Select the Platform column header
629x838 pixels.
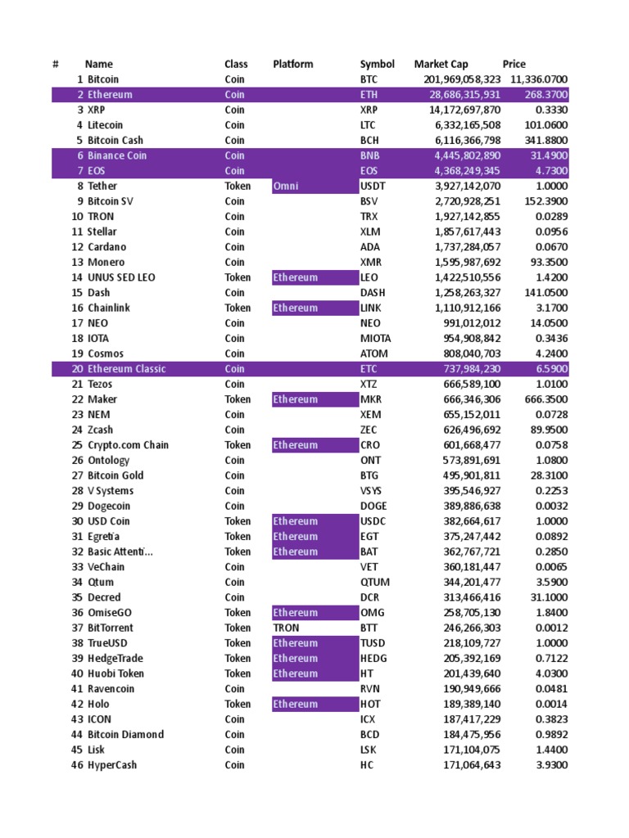click(x=292, y=64)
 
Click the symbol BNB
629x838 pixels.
click(x=370, y=155)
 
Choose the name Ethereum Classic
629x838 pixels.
click(x=126, y=369)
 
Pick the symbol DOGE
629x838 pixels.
click(x=373, y=507)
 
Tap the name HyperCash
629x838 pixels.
click(x=112, y=765)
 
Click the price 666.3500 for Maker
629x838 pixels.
click(x=546, y=399)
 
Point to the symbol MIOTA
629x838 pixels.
click(x=375, y=339)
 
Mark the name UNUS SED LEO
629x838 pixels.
click(x=121, y=277)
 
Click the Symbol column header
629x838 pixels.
click(x=377, y=64)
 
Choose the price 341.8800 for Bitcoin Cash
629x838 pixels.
click(x=546, y=141)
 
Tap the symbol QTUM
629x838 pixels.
click(x=375, y=583)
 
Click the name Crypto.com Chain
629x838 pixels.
click(x=128, y=445)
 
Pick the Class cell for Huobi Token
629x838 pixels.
click(x=238, y=674)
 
